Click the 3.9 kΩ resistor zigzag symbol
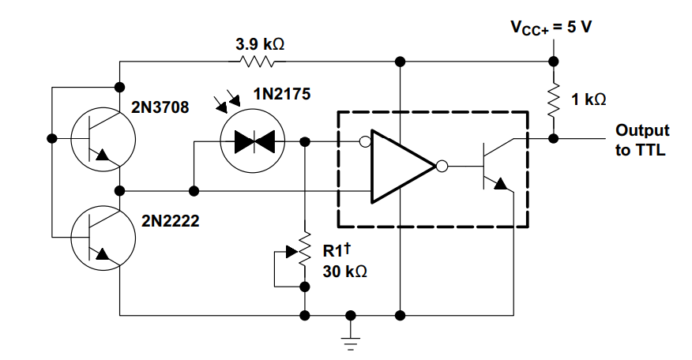coord(257,62)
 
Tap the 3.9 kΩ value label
coord(260,44)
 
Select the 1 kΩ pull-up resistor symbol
coord(553,100)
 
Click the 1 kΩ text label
coord(589,99)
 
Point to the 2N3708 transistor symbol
coord(103,140)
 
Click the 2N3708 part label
coord(160,107)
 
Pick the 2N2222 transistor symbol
coord(103,238)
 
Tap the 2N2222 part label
coord(171,220)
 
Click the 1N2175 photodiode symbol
coord(253,141)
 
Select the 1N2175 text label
coord(281,94)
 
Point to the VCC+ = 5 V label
coord(551,28)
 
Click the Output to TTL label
coord(642,140)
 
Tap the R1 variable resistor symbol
coord(304,249)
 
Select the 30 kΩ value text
coord(344,272)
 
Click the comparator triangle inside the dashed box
coord(403,167)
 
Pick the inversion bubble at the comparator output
coord(442,167)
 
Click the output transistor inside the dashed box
coord(498,166)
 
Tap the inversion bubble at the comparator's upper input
coord(365,141)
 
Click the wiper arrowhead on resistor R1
coord(292,252)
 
